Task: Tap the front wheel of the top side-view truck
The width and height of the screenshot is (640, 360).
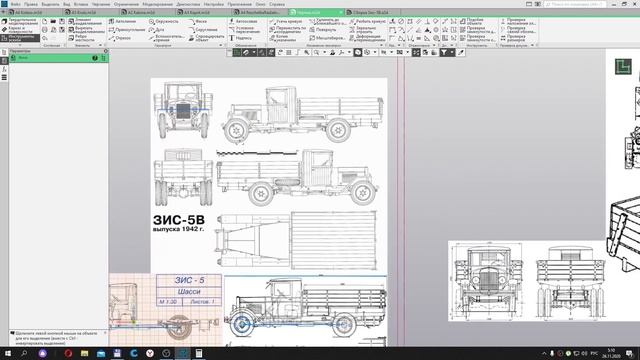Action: [x=239, y=131]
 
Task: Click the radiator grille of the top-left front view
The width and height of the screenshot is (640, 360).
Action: [x=185, y=116]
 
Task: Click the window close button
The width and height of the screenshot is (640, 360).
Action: [x=631, y=4]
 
